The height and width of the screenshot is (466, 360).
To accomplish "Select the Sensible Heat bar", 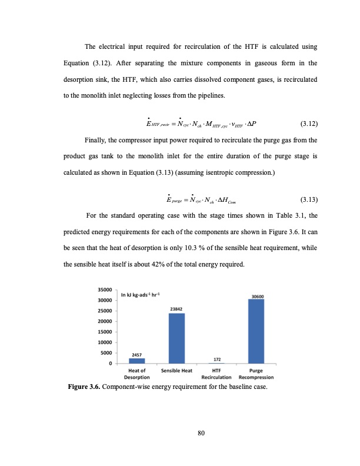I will pos(177,338).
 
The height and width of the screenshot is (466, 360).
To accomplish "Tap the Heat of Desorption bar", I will pos(137,361).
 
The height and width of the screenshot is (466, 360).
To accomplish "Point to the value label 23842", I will pos(178,309).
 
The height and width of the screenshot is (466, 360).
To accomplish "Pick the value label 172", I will pos(216,358).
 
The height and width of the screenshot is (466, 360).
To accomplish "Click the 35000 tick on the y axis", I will pos(105,289).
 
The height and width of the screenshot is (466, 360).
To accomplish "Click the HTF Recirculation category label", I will pos(216,374).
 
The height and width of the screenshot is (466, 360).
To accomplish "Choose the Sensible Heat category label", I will pos(177,371).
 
